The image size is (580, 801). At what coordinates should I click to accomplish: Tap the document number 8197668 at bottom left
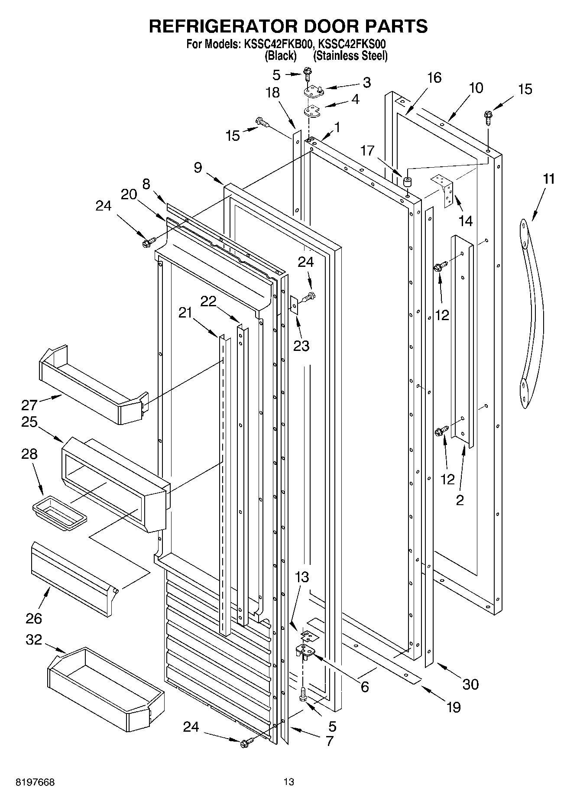(x=35, y=782)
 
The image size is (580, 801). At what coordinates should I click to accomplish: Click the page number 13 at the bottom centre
(x=289, y=782)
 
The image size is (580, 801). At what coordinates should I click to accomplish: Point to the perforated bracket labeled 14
(x=445, y=191)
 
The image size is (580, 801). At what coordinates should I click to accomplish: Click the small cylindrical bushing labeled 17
(x=407, y=182)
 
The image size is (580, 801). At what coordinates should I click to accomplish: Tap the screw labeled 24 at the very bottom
(x=245, y=743)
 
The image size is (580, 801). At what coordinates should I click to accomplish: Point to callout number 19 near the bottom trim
(x=454, y=707)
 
